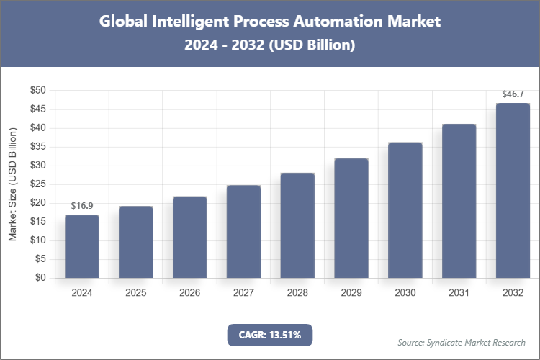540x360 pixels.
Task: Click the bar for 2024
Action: pos(82,246)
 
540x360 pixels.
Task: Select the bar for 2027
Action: pos(243,231)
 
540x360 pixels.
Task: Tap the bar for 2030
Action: pos(405,210)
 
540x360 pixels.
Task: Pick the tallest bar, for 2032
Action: pos(513,191)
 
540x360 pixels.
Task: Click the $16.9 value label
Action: pos(82,206)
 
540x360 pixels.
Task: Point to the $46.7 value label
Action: pos(513,94)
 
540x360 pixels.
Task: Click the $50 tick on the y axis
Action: pos(37,91)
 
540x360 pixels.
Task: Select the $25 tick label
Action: pos(37,184)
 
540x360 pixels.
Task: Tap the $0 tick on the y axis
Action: pos(40,278)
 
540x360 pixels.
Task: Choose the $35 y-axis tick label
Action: pos(37,147)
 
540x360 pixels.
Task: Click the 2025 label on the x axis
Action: pos(136,293)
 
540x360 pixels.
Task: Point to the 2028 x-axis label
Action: pos(297,293)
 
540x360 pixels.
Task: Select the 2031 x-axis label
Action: pos(459,293)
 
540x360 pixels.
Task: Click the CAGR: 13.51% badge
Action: pos(270,335)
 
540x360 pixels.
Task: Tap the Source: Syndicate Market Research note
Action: pos(462,342)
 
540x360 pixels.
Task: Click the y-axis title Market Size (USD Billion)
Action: pos(12,184)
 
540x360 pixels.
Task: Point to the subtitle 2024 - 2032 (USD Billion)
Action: pos(270,45)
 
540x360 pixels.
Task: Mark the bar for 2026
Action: pos(189,237)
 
